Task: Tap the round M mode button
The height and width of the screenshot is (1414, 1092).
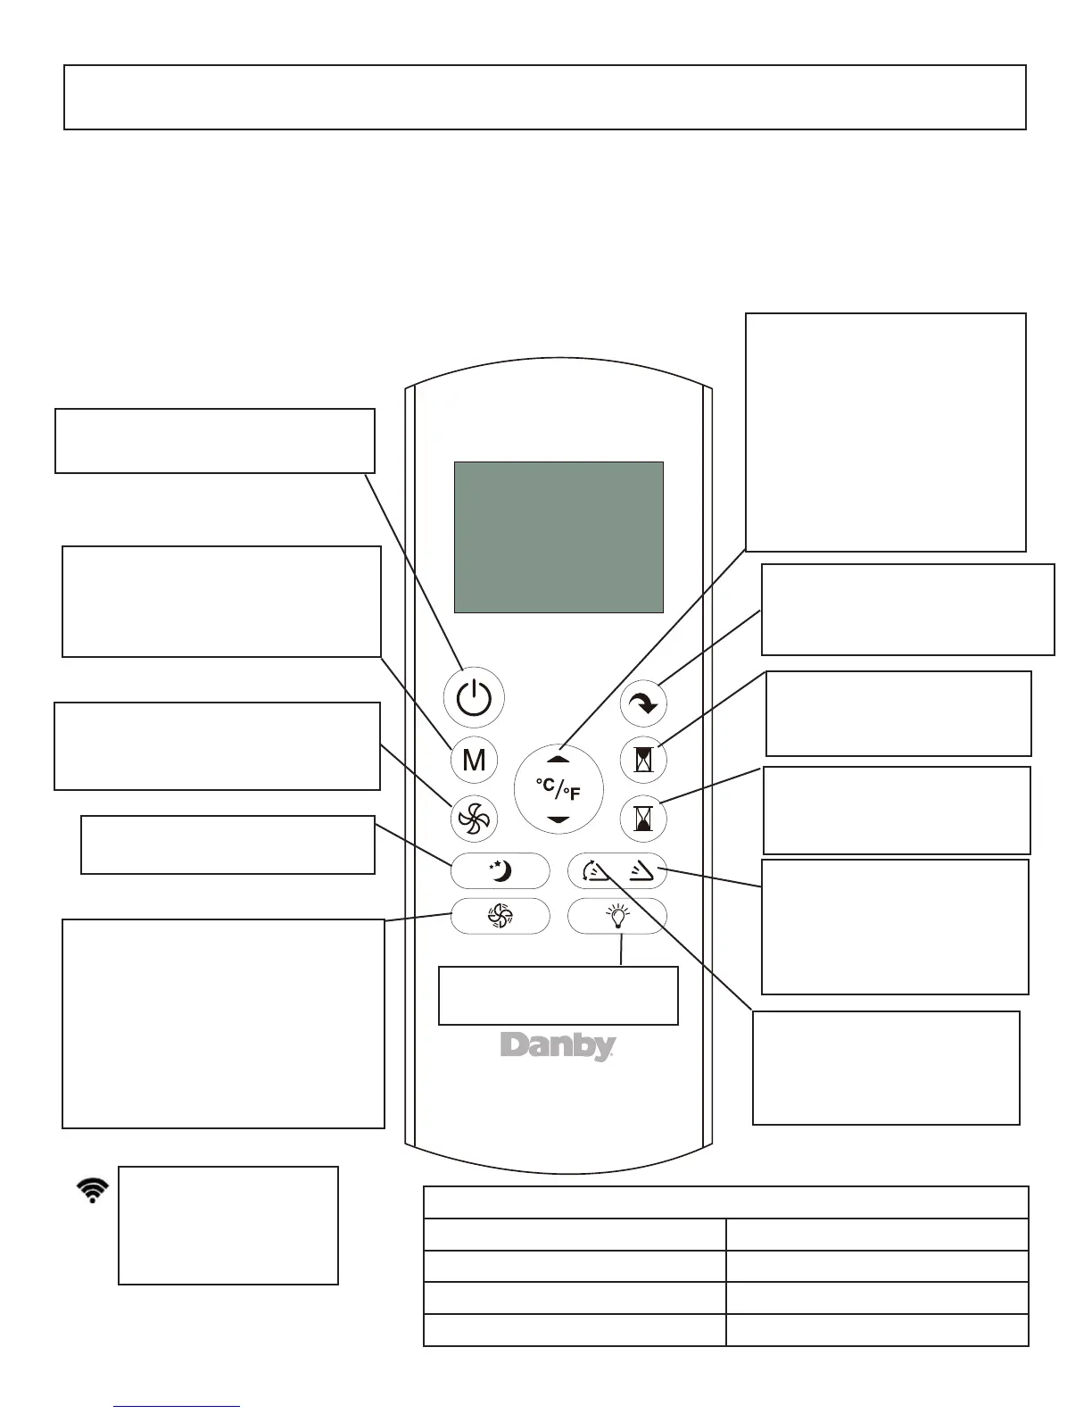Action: point(474,760)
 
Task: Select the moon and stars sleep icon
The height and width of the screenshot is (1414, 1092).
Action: point(500,870)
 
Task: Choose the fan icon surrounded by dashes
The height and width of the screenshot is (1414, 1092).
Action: point(500,916)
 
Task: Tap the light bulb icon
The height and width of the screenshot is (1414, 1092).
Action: point(617,915)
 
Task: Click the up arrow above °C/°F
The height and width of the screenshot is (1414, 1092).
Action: point(558,759)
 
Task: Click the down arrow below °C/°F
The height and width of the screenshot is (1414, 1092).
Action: point(558,819)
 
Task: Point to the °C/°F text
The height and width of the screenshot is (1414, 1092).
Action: point(558,789)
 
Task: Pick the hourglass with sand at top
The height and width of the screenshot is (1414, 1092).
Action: point(643,760)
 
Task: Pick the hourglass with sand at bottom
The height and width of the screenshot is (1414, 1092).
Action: point(643,819)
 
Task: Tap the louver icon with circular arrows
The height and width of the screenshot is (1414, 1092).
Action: point(594,870)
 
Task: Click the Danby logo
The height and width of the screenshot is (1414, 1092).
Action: point(558,1046)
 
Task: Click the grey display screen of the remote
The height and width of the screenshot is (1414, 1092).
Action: point(558,536)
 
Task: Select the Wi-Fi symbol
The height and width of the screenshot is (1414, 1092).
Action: point(93,1190)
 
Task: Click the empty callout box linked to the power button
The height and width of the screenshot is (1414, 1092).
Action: point(214,440)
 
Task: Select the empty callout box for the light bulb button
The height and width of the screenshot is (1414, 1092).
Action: point(558,995)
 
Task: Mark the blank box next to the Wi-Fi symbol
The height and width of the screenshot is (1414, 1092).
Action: point(228,1225)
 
